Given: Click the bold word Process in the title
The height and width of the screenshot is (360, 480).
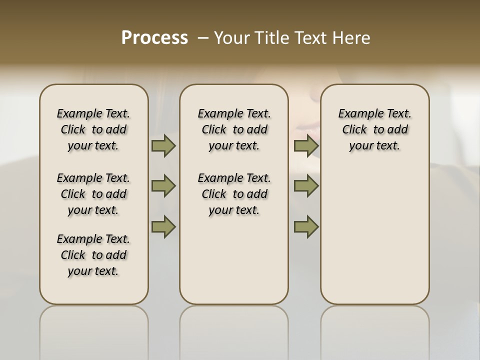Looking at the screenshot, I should [154, 38].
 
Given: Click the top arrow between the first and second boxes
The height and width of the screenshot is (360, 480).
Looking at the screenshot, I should [163, 146].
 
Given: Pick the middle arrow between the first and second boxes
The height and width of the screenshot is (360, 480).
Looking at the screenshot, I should [163, 186].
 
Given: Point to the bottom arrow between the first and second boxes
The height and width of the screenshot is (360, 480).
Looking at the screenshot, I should [163, 226].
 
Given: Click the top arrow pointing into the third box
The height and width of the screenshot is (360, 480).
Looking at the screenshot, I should [306, 146].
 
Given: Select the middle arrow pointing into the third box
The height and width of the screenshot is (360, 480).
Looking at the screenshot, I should [306, 186].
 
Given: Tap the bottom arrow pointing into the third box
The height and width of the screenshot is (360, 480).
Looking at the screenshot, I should [306, 226].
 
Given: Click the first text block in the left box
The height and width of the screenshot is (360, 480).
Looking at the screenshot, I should [93, 129].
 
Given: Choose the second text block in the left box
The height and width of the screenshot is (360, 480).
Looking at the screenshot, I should [93, 194].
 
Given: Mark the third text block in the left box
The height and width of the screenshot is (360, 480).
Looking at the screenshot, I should [93, 255].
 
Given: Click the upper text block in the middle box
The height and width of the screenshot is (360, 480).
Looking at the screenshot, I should [234, 129].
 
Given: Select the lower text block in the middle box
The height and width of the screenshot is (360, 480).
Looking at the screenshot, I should [234, 194].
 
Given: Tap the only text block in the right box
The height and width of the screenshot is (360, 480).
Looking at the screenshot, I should [374, 129].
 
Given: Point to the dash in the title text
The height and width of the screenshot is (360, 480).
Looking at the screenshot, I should [203, 38].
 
